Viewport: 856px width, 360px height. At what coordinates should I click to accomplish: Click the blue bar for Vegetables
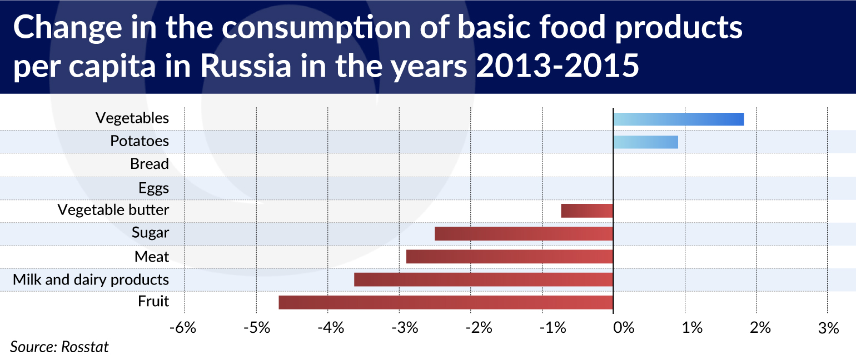(679, 119)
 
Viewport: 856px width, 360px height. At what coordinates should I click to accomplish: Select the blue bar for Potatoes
(646, 142)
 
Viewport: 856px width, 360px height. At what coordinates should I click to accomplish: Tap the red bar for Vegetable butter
(587, 211)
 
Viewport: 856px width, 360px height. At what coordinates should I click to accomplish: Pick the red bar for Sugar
(524, 234)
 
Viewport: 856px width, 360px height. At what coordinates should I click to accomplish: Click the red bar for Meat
(510, 257)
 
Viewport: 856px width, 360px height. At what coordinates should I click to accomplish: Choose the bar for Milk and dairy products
(484, 279)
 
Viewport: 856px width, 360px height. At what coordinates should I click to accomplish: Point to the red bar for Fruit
(446, 302)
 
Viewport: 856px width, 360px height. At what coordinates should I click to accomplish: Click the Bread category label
(150, 164)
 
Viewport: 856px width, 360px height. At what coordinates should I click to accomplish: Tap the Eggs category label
(153, 188)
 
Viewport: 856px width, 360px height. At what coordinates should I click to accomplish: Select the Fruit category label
(153, 301)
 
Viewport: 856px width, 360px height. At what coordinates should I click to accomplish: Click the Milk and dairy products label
(91, 280)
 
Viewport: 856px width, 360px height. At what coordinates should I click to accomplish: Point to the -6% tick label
(183, 328)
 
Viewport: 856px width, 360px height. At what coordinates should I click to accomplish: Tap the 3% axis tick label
(828, 328)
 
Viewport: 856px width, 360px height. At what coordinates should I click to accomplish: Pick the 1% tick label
(692, 328)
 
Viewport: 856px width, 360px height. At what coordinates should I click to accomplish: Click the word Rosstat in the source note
(85, 347)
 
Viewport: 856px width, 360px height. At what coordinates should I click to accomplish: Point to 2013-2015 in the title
(558, 66)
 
